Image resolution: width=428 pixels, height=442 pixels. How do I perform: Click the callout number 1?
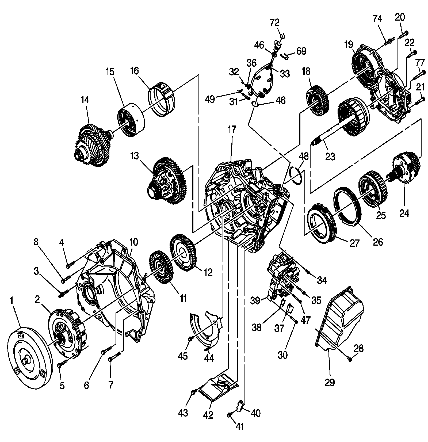(x=12, y=300)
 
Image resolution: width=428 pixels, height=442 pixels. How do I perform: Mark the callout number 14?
(x=86, y=101)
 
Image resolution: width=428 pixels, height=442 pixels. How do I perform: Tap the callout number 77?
(x=420, y=63)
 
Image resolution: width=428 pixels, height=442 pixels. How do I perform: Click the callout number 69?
(x=301, y=51)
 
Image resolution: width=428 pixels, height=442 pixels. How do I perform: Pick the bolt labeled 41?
(x=230, y=422)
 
